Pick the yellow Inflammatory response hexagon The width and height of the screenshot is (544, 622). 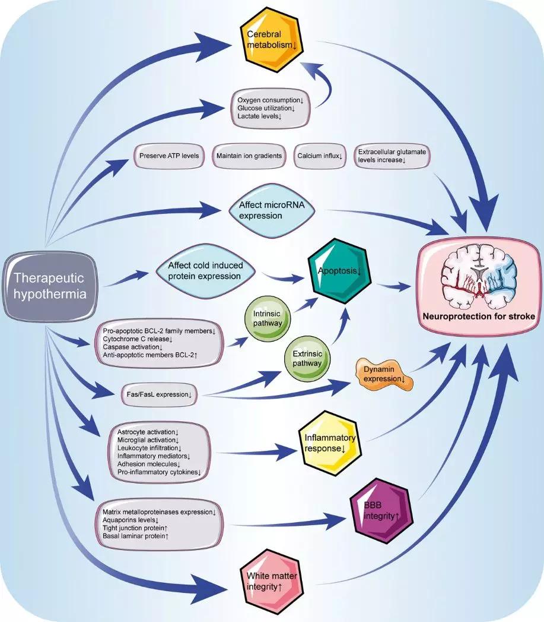tap(330, 443)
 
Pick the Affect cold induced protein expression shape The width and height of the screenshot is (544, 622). tap(206, 271)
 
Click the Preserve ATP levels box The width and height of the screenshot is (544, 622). tap(169, 156)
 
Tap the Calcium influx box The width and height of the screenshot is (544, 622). tap(319, 156)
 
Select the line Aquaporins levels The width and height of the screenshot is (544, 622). tap(127, 519)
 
